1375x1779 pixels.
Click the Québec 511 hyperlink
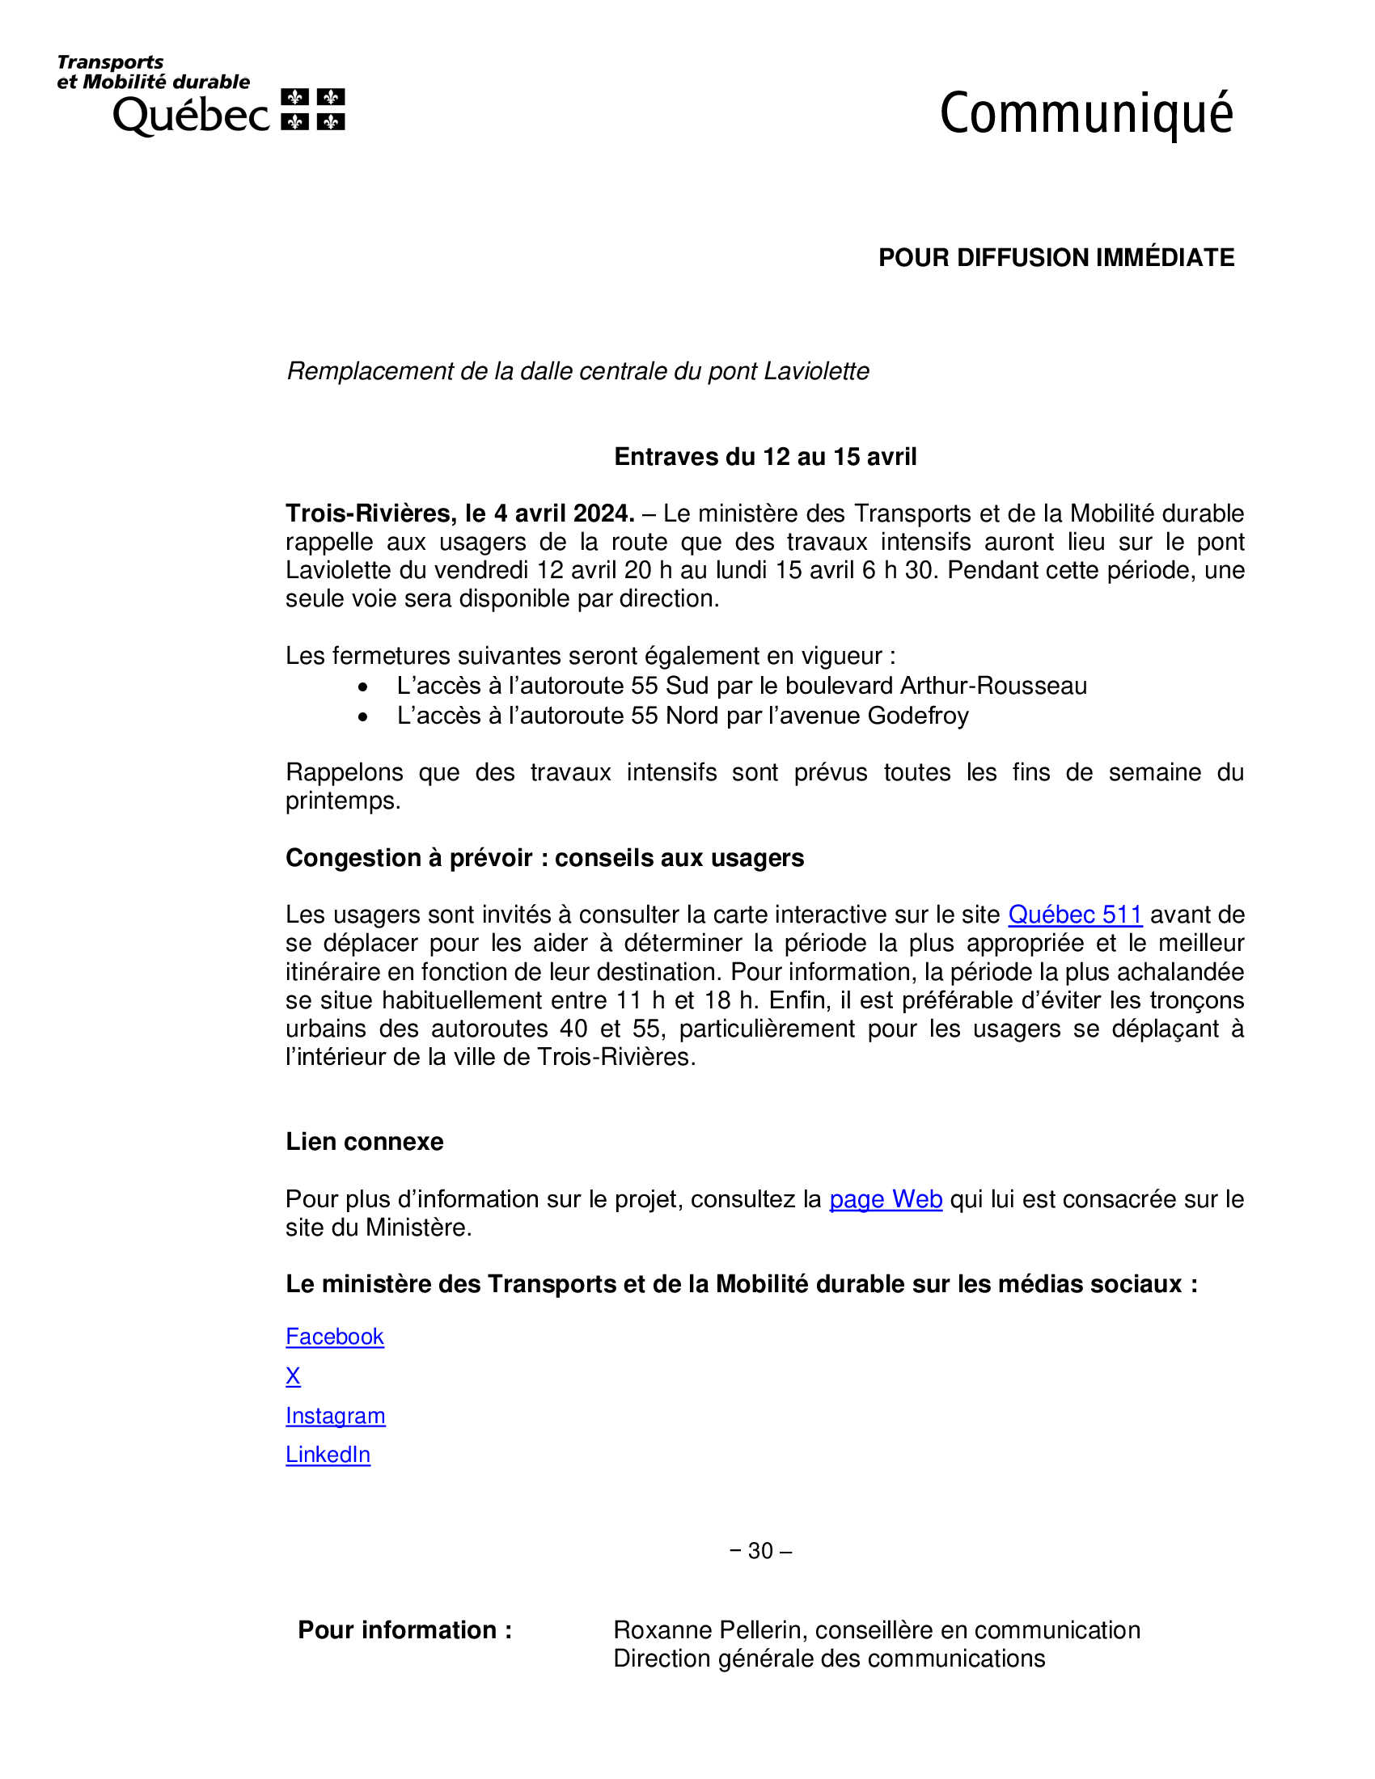click(x=1074, y=915)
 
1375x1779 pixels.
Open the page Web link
click(x=886, y=1199)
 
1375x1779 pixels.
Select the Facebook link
click(x=334, y=1337)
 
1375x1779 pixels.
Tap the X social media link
click(x=294, y=1375)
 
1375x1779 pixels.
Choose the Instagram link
click(x=335, y=1416)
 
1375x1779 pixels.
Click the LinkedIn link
click(x=328, y=1455)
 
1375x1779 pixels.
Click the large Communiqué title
click(x=1085, y=114)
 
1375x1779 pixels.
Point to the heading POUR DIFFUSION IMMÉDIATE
click(x=1056, y=257)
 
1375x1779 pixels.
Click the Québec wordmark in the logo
click(x=191, y=116)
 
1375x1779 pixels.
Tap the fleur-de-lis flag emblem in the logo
click(x=313, y=109)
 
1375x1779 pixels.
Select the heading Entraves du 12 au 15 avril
click(x=765, y=457)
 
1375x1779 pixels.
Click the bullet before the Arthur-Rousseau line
click(x=363, y=687)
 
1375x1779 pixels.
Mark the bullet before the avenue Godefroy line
click(x=363, y=716)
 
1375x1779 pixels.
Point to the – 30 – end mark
click(x=761, y=1550)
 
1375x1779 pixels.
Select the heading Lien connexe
click(x=364, y=1142)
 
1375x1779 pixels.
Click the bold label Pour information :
click(x=405, y=1630)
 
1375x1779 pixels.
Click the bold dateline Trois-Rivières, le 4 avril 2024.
click(x=459, y=513)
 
